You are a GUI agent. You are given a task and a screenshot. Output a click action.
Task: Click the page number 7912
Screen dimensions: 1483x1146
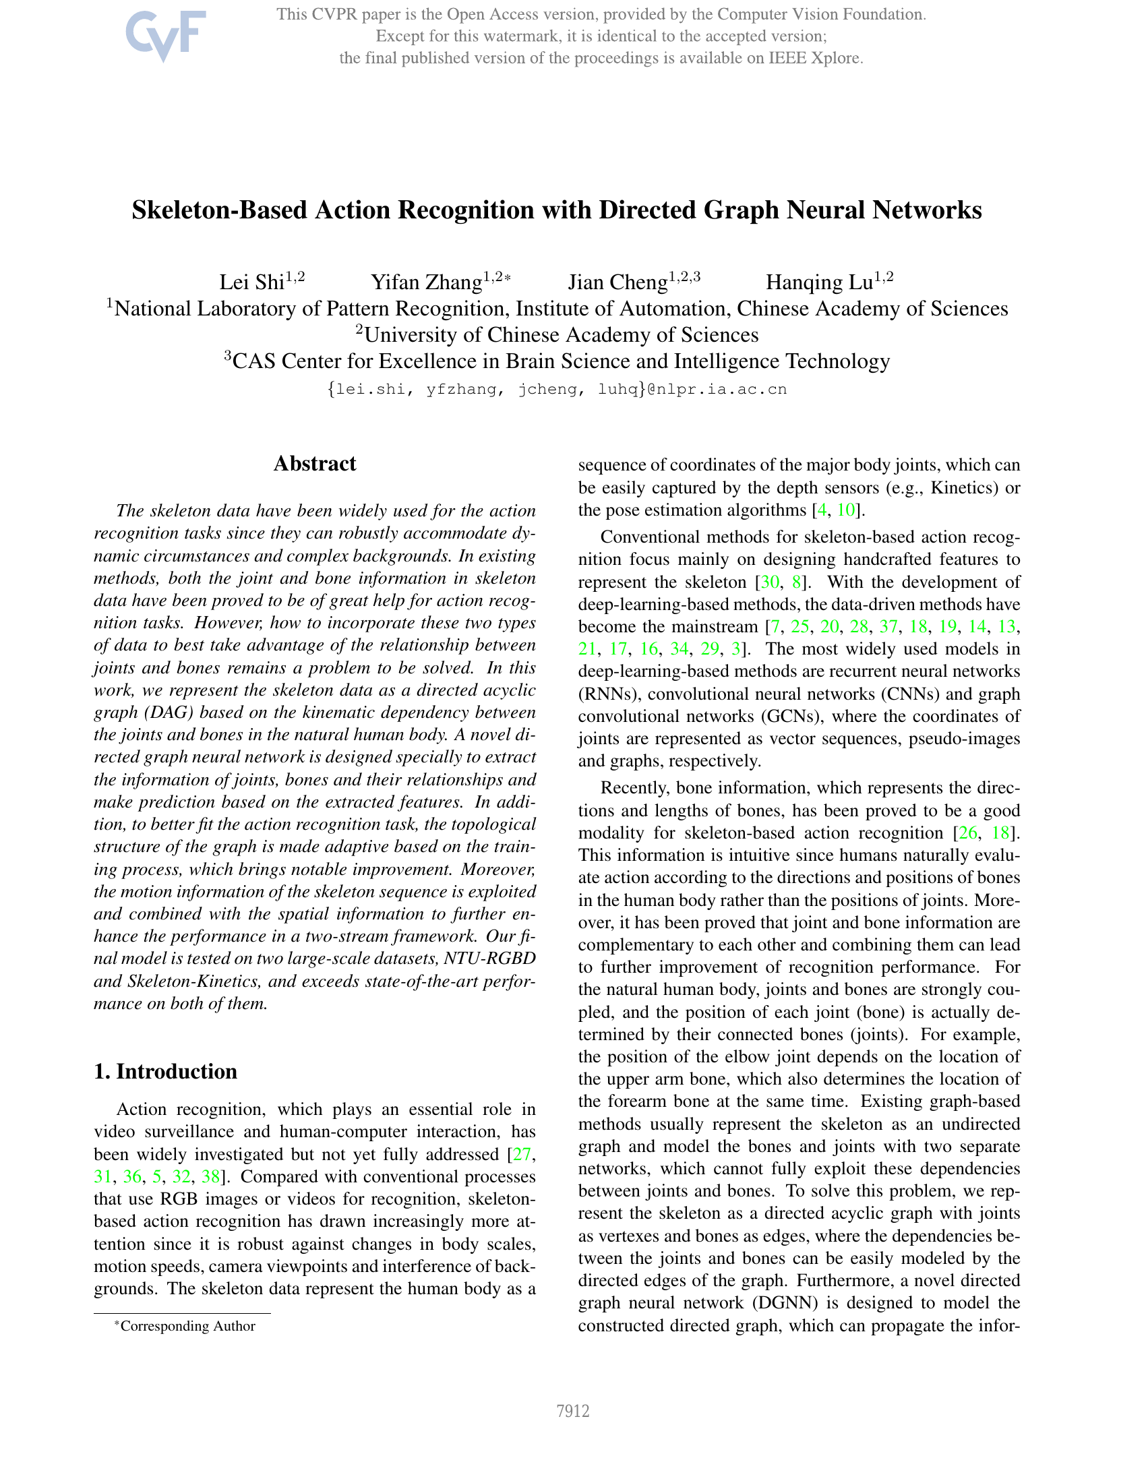click(572, 1411)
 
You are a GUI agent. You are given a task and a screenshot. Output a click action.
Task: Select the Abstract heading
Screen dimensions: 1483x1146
click(314, 464)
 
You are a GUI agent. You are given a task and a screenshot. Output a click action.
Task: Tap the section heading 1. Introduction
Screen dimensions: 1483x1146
click(166, 1071)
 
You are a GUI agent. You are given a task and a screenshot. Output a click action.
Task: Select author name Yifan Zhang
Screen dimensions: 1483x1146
click(426, 282)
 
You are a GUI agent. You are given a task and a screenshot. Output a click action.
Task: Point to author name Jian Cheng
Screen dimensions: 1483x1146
click(617, 282)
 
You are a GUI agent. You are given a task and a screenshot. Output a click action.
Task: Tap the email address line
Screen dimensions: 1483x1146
click(557, 390)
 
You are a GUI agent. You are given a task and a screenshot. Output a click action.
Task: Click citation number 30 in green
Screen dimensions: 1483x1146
click(770, 582)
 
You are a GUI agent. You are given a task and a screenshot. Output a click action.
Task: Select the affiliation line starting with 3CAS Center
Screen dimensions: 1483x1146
click(557, 361)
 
